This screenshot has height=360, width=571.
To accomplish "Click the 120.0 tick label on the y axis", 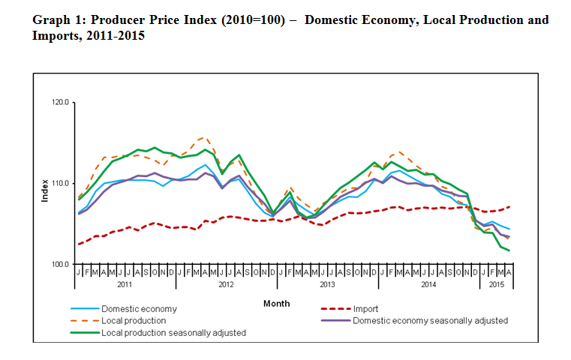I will point(59,103).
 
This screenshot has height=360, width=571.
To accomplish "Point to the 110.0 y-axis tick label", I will point(59,184).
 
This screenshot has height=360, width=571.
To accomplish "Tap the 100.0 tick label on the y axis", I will point(59,265).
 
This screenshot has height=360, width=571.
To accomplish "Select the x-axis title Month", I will point(276,304).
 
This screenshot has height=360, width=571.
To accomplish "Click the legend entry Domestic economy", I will point(139,309).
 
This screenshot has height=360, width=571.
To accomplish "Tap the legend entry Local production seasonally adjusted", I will point(173,332).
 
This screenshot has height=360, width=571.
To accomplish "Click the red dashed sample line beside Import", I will point(335,309).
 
